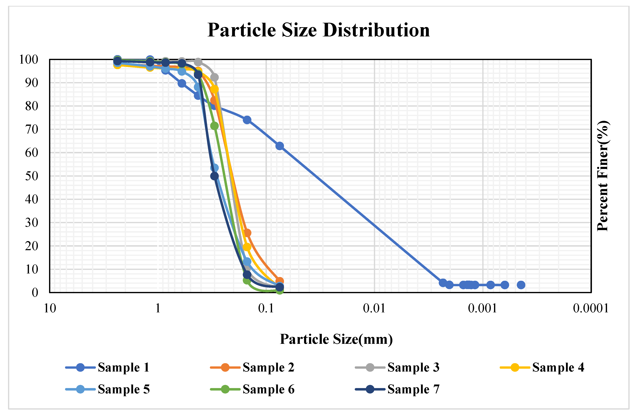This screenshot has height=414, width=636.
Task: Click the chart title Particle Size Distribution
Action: pyautogui.click(x=319, y=30)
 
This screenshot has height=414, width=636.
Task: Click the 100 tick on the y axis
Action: pyautogui.click(x=29, y=59)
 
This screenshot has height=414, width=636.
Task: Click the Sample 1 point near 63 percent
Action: pyautogui.click(x=280, y=146)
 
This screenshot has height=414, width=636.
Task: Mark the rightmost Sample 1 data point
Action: pyautogui.click(x=521, y=285)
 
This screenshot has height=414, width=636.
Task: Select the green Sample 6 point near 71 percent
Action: pyautogui.click(x=214, y=126)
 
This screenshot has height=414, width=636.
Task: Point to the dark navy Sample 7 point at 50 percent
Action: pyautogui.click(x=214, y=176)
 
